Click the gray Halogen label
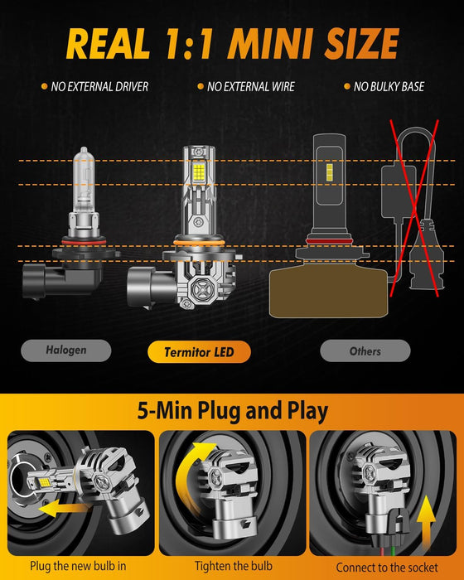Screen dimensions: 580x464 pyautogui.click(x=65, y=350)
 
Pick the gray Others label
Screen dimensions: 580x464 pyautogui.click(x=365, y=350)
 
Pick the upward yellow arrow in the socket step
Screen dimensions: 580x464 pyautogui.click(x=427, y=519)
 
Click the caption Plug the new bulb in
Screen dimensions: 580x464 pyautogui.click(x=79, y=566)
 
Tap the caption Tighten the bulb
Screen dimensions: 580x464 pyautogui.click(x=232, y=566)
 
